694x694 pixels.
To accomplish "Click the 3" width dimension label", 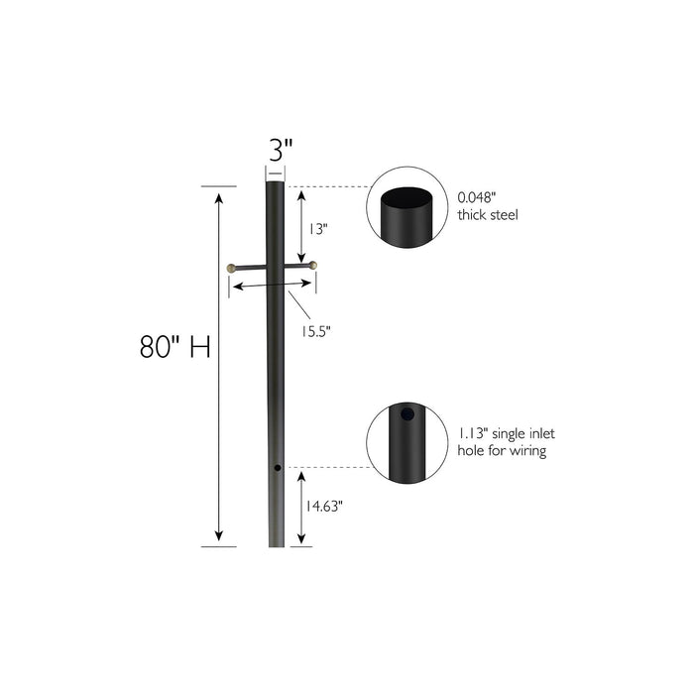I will click(282, 151).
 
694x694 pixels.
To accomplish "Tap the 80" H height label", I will click(175, 348).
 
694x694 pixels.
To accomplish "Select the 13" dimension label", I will click(316, 228).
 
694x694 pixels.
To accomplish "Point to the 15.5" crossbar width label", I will click(315, 330).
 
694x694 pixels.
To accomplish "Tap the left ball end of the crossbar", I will click(232, 267).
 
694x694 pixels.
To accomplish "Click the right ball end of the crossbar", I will click(312, 265).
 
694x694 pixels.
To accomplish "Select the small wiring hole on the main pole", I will click(279, 467).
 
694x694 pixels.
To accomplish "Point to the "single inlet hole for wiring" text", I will click(501, 442).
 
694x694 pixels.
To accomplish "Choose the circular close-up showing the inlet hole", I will click(405, 442).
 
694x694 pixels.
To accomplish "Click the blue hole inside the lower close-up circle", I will click(405, 417).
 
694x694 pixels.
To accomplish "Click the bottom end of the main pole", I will click(276, 543).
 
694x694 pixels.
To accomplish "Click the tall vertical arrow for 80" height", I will click(219, 366).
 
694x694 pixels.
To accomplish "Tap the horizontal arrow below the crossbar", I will click(271, 286).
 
